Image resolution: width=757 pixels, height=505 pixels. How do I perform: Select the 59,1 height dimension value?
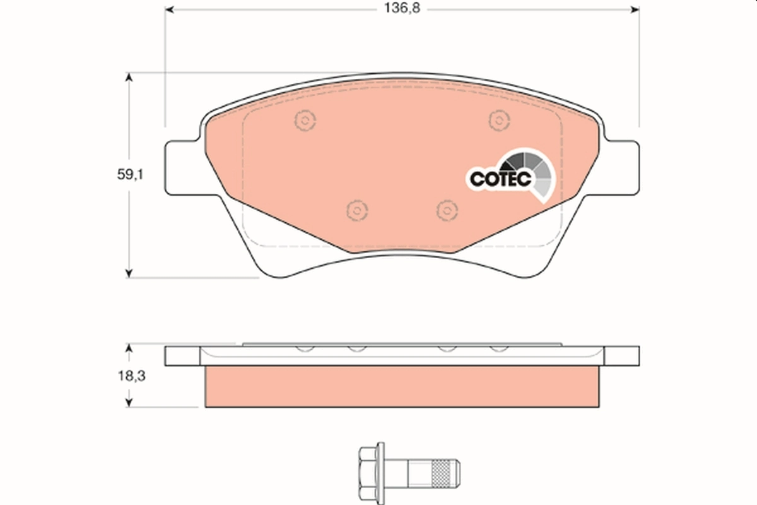(x=131, y=176)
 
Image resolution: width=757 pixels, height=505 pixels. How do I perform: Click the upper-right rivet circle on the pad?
(x=499, y=119)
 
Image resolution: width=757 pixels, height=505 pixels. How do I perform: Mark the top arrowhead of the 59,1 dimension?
(x=129, y=78)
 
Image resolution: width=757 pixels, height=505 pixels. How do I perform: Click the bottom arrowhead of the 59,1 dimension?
(x=129, y=273)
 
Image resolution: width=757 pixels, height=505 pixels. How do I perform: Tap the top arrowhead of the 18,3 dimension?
(x=129, y=348)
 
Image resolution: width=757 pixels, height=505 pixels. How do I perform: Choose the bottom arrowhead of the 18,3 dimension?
(x=129, y=402)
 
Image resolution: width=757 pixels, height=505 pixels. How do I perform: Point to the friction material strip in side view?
(x=401, y=386)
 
